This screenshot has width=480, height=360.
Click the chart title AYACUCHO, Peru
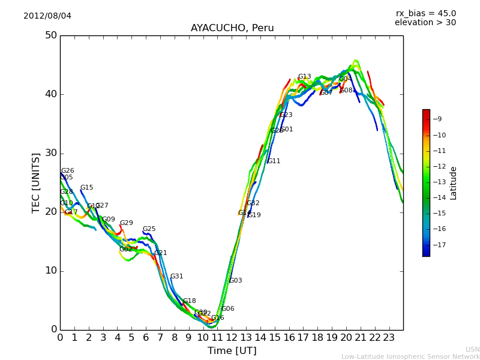(232, 28)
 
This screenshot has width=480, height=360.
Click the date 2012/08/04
(47, 16)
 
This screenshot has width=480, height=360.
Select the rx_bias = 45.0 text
(425, 13)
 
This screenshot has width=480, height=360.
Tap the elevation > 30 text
(425, 23)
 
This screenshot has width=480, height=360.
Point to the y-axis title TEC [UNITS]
(36, 182)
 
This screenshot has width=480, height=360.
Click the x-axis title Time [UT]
(232, 351)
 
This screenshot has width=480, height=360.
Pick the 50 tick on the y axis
(50, 35)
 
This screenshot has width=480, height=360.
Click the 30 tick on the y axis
(50, 153)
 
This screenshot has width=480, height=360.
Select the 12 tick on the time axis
(232, 337)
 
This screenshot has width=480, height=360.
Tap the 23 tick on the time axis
(389, 337)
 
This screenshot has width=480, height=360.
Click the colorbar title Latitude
(454, 183)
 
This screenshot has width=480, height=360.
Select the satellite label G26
(68, 171)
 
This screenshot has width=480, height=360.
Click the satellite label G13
(304, 77)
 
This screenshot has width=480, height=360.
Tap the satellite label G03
(236, 281)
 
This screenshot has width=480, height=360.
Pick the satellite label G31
(176, 277)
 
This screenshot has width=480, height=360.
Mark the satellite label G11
(274, 161)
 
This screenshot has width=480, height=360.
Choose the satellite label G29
(126, 223)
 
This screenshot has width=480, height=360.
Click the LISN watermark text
(472, 349)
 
